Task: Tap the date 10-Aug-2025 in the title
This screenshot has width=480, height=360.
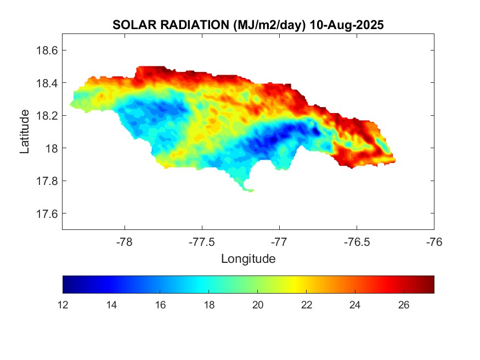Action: (x=346, y=25)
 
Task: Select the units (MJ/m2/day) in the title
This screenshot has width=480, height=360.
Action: (x=268, y=25)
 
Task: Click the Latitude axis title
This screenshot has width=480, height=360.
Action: (x=25, y=131)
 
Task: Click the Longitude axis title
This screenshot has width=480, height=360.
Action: (x=248, y=258)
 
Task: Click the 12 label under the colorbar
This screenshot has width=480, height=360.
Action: (x=63, y=305)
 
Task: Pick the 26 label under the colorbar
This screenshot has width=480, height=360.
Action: (x=404, y=305)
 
